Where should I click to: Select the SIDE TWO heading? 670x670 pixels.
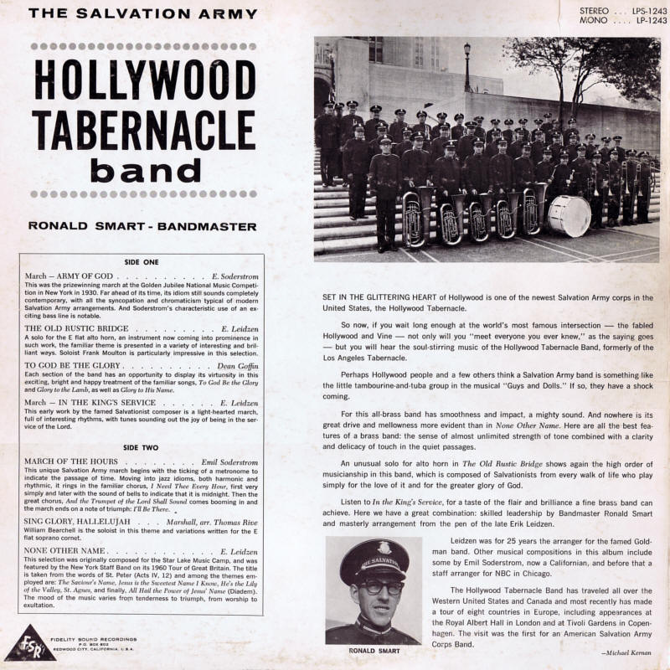(148, 447)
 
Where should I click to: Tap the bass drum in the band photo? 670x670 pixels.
(569, 215)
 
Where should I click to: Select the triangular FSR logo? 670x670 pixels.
(24, 642)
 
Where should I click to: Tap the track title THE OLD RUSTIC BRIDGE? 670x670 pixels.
(77, 330)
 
